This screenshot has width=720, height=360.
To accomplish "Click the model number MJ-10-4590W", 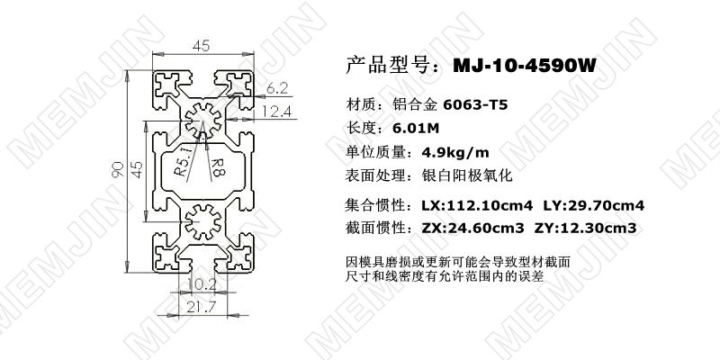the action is pos(524,65).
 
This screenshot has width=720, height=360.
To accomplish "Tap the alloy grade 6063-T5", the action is pos(475,105).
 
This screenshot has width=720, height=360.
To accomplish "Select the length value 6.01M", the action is pos(416,128).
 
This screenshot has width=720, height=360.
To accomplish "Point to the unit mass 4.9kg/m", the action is pos(455,152).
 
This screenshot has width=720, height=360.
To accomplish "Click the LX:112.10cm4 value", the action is pos(477,205).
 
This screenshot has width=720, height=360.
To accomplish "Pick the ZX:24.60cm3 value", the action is pos(472,228).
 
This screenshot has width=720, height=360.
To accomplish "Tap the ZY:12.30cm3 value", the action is pos(586,228).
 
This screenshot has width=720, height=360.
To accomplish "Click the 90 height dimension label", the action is pos(118,169).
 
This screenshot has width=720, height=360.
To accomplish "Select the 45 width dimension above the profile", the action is pos(201,46).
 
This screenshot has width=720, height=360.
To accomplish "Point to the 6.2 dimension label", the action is pos(277,88).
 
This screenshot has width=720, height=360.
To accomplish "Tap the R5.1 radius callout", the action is pos(182,162).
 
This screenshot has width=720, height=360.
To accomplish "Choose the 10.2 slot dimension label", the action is pos(202,284).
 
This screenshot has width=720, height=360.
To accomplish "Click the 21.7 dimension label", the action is pos(201,308).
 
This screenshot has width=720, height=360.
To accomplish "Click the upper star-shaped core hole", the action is pos(203,121).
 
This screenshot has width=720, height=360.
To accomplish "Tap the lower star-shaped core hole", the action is pos(203,222).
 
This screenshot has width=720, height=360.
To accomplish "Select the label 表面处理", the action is pos(370,175).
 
